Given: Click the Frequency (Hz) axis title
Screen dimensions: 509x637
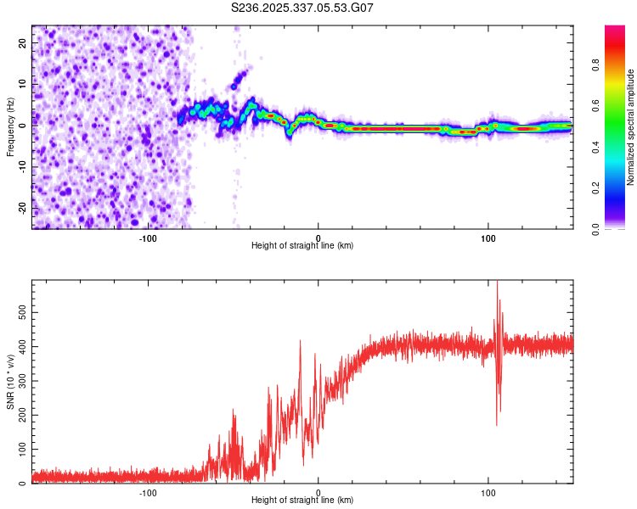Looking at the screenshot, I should coord(10,126).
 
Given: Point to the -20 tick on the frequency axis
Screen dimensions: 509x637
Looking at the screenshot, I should coord(24,208).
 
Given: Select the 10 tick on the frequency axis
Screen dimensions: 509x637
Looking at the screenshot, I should coord(24,83).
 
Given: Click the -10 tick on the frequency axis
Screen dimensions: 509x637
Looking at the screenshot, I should coord(24,166).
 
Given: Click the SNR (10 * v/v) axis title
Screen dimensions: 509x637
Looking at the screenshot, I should coord(10,382).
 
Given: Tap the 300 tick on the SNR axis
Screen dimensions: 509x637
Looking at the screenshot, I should coord(20,381).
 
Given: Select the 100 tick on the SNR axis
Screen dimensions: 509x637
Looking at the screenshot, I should coord(20,449).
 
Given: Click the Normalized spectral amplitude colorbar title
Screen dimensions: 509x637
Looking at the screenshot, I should coord(631,127).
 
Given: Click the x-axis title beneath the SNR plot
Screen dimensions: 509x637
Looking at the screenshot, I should coord(302,501).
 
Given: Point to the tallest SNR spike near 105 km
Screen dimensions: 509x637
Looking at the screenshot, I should coord(497,283).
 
